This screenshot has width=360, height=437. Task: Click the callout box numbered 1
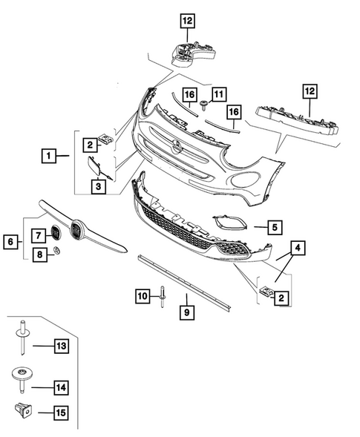48,156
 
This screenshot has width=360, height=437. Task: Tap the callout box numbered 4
296,249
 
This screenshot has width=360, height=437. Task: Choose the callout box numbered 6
11,240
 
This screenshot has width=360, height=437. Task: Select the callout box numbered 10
142,296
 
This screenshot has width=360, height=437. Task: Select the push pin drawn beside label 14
22,380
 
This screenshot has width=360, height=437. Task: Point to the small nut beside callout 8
56,254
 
